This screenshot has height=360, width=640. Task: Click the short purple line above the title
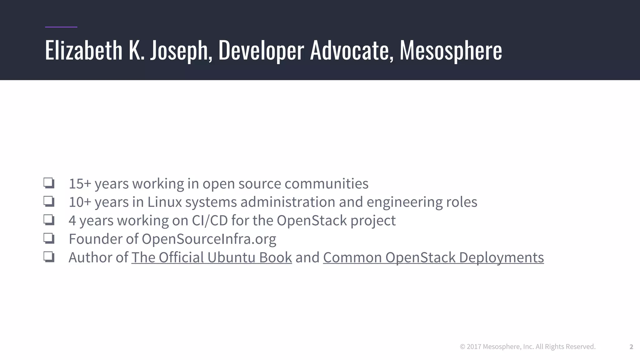tap(61, 27)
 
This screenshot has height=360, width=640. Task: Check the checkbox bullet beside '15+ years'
tap(49, 183)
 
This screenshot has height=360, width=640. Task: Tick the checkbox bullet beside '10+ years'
tap(49, 202)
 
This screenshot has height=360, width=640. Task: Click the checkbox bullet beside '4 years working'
tap(49, 220)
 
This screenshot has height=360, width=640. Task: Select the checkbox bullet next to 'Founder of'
tap(49, 238)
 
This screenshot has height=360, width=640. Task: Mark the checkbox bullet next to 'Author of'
tap(49, 257)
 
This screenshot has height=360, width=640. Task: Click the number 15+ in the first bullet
tap(80, 183)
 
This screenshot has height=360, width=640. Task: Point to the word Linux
tap(164, 202)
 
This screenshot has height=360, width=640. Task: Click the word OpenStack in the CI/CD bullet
tap(312, 220)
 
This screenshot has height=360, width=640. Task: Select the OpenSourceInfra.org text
tap(209, 239)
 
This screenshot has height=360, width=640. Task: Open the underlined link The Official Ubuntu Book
tap(212, 257)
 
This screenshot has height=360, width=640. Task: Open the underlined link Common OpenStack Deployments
tap(433, 257)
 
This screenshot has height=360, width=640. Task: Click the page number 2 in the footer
tap(631, 347)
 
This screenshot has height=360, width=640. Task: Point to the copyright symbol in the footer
tap(462, 347)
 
